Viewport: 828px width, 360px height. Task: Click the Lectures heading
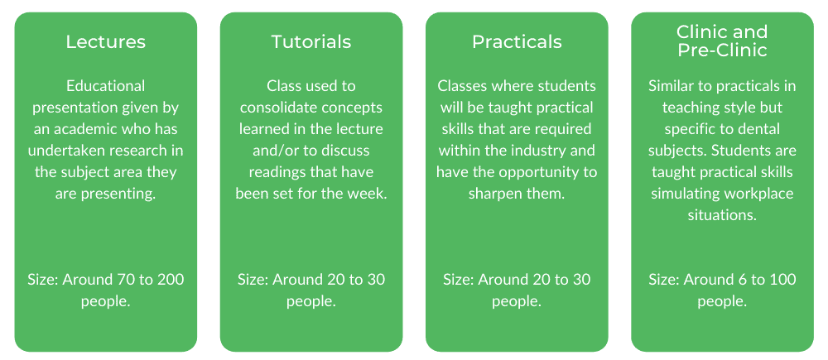(x=105, y=41)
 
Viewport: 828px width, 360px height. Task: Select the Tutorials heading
(x=311, y=41)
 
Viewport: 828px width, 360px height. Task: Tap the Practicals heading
(x=517, y=41)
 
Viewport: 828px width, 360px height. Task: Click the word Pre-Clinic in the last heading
(x=722, y=50)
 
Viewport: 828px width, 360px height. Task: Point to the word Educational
(x=105, y=86)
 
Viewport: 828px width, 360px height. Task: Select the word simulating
(x=684, y=194)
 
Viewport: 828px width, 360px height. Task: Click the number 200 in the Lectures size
(x=169, y=280)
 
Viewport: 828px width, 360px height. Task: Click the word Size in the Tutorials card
(x=252, y=280)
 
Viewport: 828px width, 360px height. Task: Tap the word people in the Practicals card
(x=514, y=301)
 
